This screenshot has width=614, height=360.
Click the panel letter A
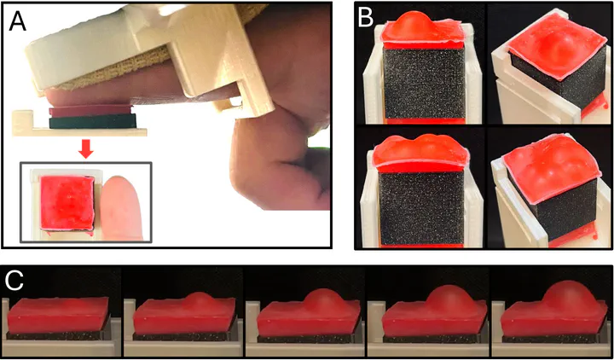[x=18, y=21]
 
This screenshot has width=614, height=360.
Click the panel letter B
[x=366, y=18]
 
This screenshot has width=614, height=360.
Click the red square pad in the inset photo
[x=67, y=202]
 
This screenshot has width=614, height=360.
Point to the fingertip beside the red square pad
[x=121, y=206]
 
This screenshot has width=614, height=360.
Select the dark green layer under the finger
[x=93, y=122]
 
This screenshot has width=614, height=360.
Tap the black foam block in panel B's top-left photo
[x=423, y=83]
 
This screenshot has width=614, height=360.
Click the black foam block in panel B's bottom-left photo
[x=421, y=207]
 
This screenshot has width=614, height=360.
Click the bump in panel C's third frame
[x=321, y=300]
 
